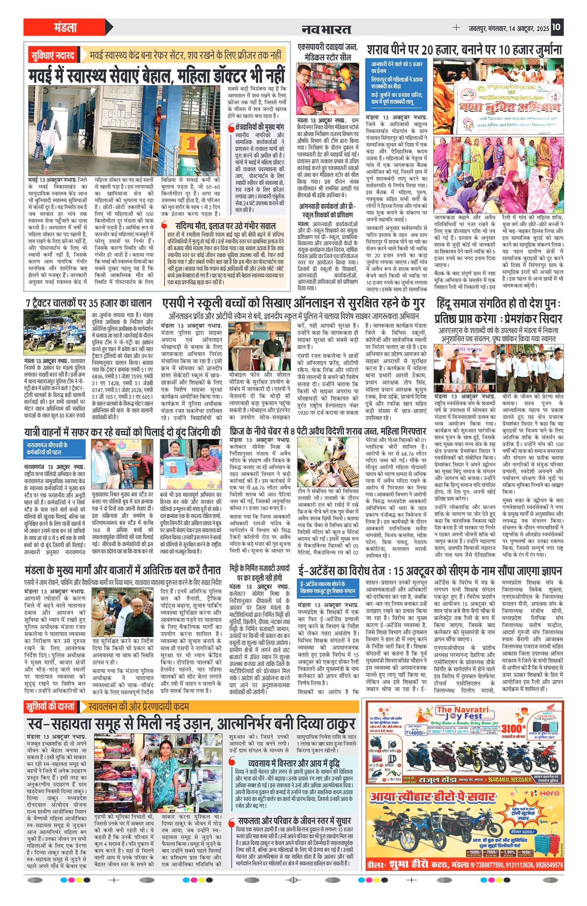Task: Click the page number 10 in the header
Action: click(557, 28)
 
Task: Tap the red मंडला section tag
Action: click(65, 28)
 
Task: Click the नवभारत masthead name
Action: click(326, 29)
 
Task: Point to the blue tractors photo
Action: click(54, 332)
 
